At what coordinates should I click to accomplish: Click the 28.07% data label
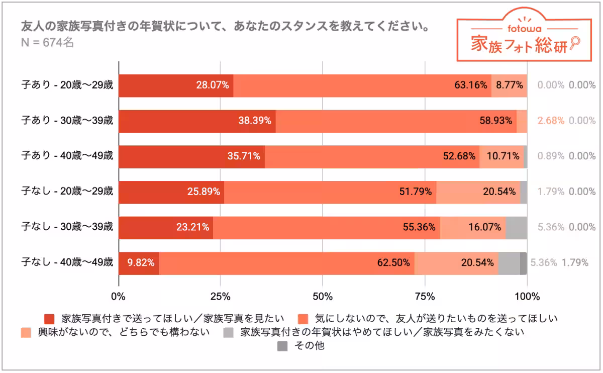tap(213, 85)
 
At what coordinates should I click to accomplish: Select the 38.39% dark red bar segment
tap(197, 121)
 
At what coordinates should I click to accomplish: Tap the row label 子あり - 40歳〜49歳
tap(67, 156)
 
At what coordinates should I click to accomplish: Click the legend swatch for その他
tap(283, 346)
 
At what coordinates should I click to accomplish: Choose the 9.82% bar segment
tap(139, 262)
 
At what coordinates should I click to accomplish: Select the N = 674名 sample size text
tap(48, 43)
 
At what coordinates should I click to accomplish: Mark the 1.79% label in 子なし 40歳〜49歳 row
tap(575, 262)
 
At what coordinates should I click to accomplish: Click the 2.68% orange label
tap(551, 121)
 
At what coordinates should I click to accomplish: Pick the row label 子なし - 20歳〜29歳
tap(67, 192)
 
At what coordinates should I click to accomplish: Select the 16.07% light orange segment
tap(472, 227)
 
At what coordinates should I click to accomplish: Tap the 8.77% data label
tap(509, 85)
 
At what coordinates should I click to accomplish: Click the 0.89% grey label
tap(551, 156)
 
